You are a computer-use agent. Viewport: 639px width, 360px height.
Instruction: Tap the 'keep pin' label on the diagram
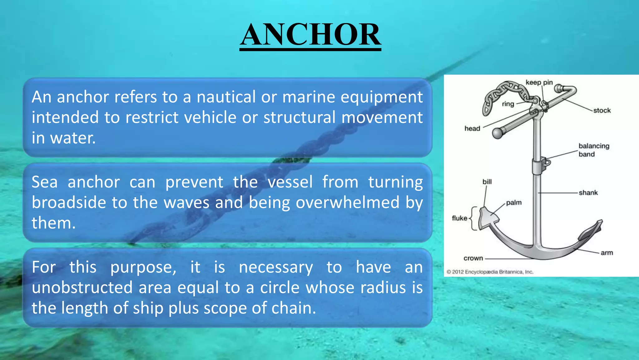tap(539, 82)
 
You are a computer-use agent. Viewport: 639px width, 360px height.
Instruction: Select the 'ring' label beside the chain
tap(508, 104)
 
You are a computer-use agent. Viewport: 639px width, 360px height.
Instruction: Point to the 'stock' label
tap(602, 110)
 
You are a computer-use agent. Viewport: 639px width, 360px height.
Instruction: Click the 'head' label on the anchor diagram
tap(472, 128)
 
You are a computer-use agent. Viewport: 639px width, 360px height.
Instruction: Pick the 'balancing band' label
tap(593, 150)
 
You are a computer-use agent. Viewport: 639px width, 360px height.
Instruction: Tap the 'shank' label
tap(588, 192)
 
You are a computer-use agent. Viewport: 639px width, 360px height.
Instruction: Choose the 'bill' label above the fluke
tap(487, 182)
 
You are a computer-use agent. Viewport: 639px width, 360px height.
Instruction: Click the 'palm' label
tap(514, 202)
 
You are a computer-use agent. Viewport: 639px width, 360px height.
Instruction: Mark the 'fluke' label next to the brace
tap(459, 218)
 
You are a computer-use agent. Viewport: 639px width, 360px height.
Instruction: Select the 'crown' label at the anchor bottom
tap(473, 258)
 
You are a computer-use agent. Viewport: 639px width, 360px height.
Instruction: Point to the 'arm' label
tap(607, 252)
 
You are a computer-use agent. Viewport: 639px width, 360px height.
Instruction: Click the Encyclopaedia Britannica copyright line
tap(490, 272)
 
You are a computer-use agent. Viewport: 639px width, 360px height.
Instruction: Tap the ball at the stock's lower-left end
tap(498, 133)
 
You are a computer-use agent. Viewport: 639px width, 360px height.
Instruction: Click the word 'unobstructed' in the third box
tap(82, 287)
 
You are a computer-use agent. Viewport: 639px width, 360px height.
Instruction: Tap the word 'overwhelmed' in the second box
tap(347, 202)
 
